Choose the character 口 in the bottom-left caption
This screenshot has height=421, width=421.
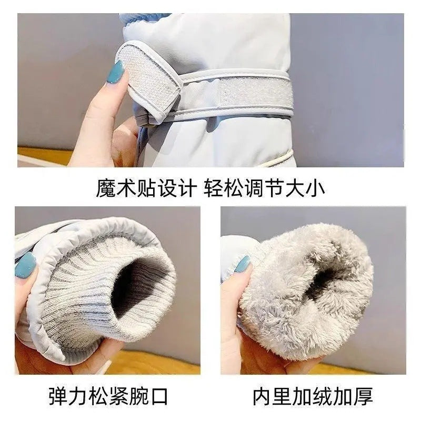pos(159,396)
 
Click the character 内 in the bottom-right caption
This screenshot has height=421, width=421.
pos(263,396)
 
